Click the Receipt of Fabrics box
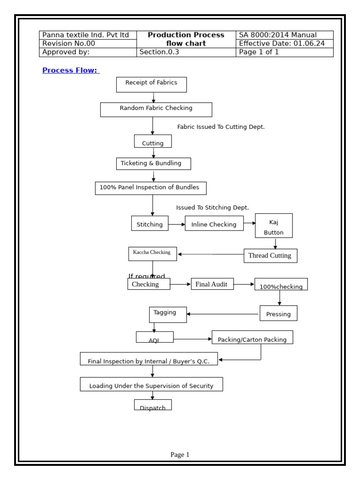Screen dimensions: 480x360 coord(151,84)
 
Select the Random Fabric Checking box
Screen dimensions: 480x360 coord(156,109)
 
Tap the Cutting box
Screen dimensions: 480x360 coord(152,141)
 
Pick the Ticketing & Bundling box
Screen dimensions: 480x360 coord(153,164)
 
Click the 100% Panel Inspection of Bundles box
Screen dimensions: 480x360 coord(150,188)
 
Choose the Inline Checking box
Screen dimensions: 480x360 coord(214,224)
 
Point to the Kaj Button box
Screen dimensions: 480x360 coord(273,225)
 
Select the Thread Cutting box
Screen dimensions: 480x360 coord(270,255)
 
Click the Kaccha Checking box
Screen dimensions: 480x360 coord(152,254)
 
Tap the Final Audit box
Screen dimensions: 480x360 coord(212,284)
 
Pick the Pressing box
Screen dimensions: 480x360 coord(278,313)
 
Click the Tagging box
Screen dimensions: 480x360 coord(167,315)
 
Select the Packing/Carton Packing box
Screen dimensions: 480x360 coord(252,337)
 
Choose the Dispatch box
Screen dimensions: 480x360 coord(152,405)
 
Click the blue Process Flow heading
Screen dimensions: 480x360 coord(70,70)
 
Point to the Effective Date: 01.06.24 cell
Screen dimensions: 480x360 coord(284,44)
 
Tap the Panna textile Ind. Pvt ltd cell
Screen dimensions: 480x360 coord(88,35)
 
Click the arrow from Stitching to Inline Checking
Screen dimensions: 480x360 coord(176,225)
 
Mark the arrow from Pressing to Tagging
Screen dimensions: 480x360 coord(223,314)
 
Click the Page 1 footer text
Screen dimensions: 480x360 coord(180,454)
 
